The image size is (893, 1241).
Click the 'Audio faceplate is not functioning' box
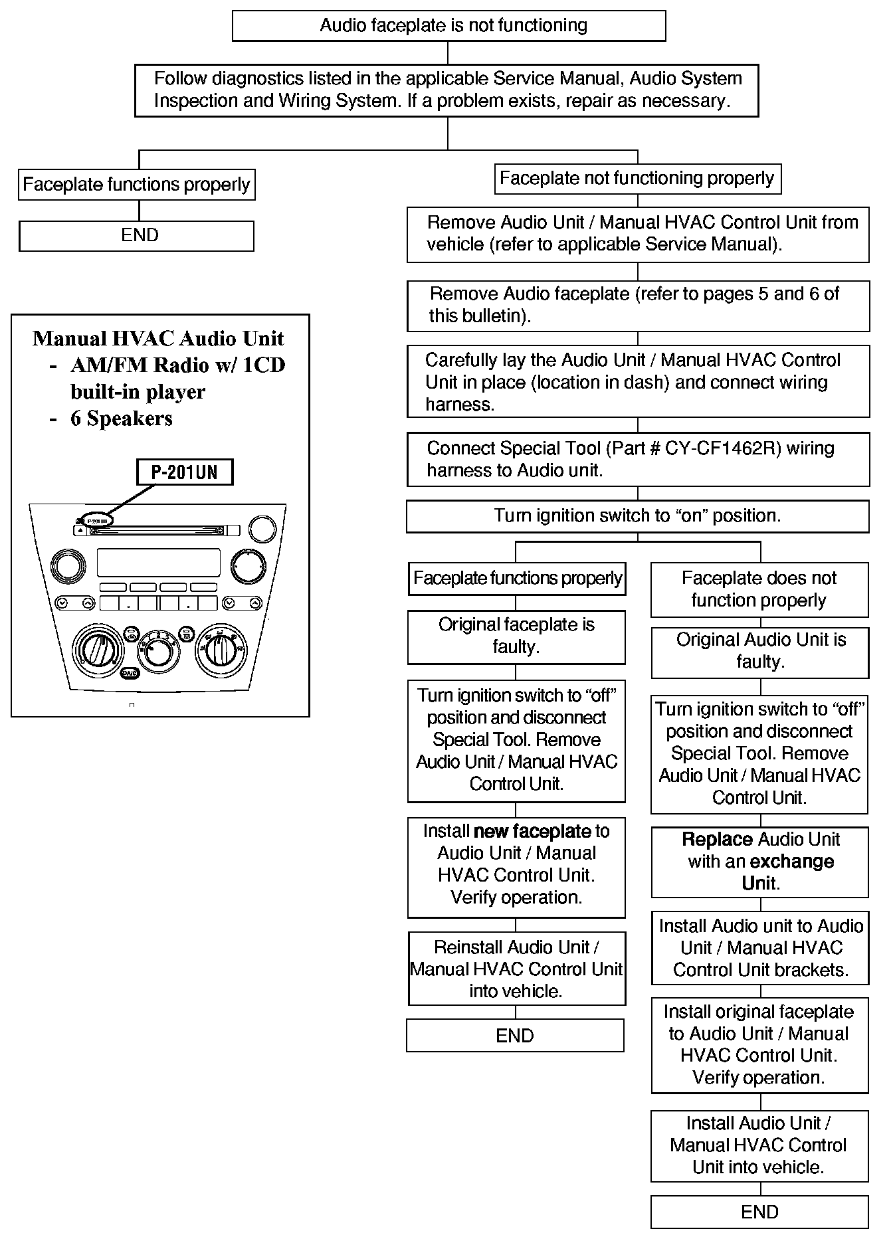click(448, 26)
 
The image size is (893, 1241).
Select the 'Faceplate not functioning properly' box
click(637, 179)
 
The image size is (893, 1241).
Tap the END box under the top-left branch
click(136, 236)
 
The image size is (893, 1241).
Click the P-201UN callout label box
click(184, 472)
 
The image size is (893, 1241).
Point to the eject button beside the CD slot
click(80, 530)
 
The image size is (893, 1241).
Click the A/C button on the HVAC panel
click(130, 673)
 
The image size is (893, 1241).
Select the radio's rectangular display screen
click(158, 562)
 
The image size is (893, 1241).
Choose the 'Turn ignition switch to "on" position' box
click(637, 516)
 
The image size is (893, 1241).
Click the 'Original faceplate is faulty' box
click(516, 636)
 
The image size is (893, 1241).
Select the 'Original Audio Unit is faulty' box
click(759, 652)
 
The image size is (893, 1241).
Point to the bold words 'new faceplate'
click(532, 832)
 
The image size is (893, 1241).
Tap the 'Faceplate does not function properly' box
click(759, 589)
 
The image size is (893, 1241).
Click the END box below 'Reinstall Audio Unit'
click(515, 1036)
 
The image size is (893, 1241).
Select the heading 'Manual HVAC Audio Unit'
click(158, 339)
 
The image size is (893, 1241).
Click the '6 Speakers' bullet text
click(122, 419)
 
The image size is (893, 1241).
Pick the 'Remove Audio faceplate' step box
click(638, 306)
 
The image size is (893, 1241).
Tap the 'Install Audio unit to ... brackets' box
click(759, 948)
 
